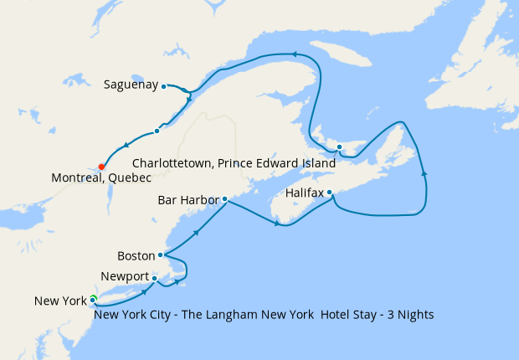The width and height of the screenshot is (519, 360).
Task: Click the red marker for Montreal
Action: (101, 166)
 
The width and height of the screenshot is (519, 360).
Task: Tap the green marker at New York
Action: (94, 300)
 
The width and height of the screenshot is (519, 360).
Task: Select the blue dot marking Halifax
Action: (330, 193)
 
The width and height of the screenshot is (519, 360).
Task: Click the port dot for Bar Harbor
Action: (224, 199)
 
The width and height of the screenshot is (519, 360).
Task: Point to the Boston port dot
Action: (160, 255)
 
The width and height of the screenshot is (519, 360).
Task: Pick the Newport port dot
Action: (155, 279)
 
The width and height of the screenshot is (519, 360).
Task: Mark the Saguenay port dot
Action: (164, 85)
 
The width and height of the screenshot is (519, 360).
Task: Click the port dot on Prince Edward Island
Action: (339, 147)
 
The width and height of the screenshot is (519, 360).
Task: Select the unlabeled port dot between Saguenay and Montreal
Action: (157, 131)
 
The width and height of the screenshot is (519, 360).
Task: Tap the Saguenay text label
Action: (131, 85)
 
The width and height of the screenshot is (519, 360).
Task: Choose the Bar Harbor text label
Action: (188, 200)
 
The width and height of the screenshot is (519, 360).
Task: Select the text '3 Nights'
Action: (409, 315)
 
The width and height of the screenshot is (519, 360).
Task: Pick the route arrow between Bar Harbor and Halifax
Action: (277, 223)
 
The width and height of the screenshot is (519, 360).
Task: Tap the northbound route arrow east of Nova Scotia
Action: (424, 173)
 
